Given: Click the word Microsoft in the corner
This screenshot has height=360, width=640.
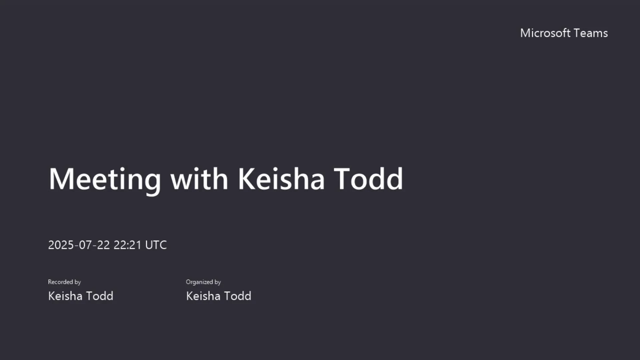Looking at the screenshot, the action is tap(545, 33).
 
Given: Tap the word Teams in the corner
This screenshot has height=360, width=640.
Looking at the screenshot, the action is tap(591, 33).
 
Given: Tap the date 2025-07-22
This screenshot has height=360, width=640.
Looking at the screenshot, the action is tap(79, 245).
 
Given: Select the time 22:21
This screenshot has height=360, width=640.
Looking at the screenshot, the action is tap(128, 245).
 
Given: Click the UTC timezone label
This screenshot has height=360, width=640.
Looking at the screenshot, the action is tap(156, 245).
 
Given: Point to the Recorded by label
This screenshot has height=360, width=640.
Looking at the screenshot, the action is tap(64, 282).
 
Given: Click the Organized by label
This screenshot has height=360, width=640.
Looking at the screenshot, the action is tap(203, 282).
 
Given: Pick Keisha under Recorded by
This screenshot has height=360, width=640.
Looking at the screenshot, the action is tap(65, 296).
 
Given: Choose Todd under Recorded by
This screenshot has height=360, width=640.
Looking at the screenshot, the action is tap(100, 296).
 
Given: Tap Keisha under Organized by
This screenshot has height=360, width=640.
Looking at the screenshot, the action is tap(203, 296).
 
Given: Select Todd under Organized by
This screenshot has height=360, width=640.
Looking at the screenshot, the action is tap(238, 296).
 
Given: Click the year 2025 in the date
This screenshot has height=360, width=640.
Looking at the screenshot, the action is tap(61, 245).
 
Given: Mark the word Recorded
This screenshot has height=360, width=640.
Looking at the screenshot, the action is tap(60, 282).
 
